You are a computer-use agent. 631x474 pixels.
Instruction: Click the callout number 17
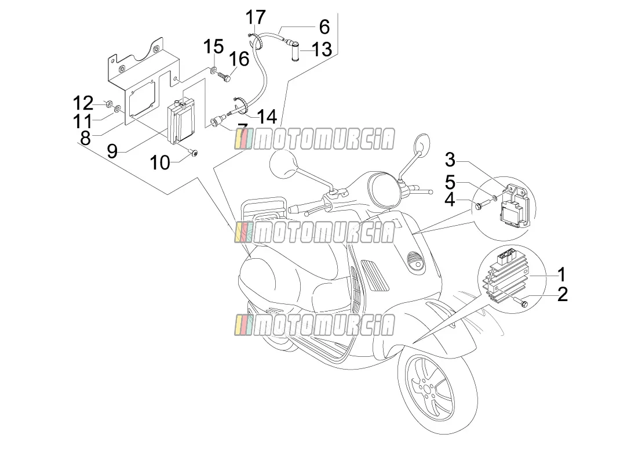[x=256, y=17]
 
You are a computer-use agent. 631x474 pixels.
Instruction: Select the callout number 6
[x=324, y=27]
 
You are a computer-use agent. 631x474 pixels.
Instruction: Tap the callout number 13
[x=322, y=49]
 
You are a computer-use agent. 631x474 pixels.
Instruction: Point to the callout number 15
[x=213, y=46]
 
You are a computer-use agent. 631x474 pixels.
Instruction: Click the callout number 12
[x=83, y=103]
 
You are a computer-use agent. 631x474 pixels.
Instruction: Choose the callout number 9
[x=112, y=151]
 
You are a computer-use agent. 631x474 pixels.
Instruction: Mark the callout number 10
[x=160, y=163]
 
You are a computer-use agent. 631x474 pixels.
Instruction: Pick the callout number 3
[x=450, y=160]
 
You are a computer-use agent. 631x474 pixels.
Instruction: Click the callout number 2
[x=562, y=294]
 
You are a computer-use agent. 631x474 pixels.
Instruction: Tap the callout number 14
[x=267, y=117]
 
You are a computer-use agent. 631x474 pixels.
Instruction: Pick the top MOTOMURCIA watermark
[x=315, y=139]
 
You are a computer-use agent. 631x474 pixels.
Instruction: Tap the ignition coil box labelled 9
[x=181, y=121]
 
